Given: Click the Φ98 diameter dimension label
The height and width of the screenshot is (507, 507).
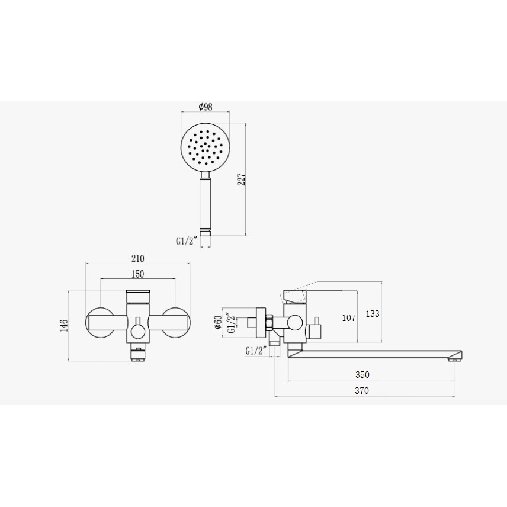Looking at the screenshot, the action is [x=206, y=107].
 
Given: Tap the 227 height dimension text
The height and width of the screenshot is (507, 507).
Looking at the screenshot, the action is [x=242, y=179].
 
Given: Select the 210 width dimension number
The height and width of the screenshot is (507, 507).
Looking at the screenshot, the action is [x=138, y=258].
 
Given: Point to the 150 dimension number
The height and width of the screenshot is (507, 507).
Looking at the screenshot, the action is [x=138, y=274].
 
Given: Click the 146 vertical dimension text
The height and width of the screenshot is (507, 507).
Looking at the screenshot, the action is [x=64, y=326].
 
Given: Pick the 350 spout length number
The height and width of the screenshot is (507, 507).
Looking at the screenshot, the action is [x=362, y=374].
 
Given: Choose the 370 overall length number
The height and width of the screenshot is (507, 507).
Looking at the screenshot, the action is [x=362, y=390].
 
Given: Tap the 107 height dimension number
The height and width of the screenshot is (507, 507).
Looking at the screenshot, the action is [x=349, y=318].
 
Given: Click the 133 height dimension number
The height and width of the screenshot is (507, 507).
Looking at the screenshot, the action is [x=373, y=313].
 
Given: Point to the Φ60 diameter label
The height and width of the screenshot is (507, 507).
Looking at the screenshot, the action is [x=217, y=322].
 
